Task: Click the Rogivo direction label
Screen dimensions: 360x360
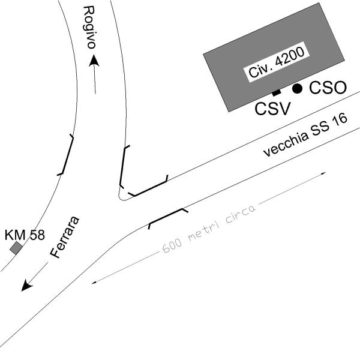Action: tap(89, 28)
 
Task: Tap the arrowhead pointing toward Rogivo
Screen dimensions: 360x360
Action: tap(94, 61)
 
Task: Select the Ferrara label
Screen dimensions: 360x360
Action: tap(65, 237)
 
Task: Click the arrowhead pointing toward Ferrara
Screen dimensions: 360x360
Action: tap(26, 285)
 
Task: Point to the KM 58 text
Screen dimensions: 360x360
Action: tap(25, 235)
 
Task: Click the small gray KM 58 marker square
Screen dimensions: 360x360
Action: tap(16, 248)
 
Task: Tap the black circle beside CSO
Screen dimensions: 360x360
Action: tap(298, 88)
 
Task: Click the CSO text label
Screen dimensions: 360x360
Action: tap(328, 88)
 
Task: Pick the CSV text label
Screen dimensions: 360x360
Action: tap(273, 109)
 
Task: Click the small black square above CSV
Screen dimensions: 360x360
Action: tap(277, 92)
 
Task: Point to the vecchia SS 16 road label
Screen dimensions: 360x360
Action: tap(305, 136)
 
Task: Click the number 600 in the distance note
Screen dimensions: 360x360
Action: tap(172, 246)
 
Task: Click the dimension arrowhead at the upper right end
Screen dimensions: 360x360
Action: tap(323, 173)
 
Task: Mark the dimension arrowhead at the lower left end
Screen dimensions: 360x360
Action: tap(94, 283)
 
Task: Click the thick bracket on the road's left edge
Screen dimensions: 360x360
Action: tap(65, 155)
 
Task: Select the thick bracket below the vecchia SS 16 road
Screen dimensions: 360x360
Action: tap(169, 217)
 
